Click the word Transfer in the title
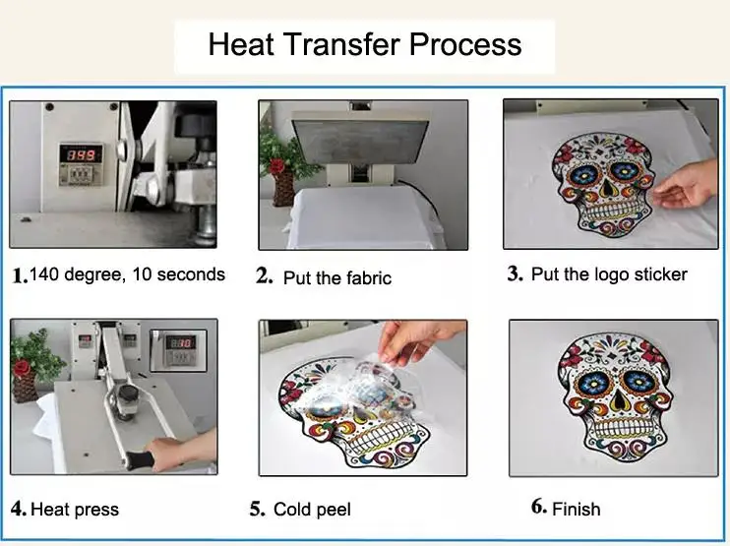[341, 44]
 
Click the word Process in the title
[465, 44]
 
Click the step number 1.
[20, 275]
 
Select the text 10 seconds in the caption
[179, 274]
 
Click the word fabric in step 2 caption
[369, 277]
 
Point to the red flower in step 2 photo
[277, 166]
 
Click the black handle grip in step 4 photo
[139, 459]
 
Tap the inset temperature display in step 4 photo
[179, 350]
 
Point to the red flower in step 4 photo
[22, 368]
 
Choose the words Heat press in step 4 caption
[75, 510]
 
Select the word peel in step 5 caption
[332, 510]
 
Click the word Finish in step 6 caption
[577, 509]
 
